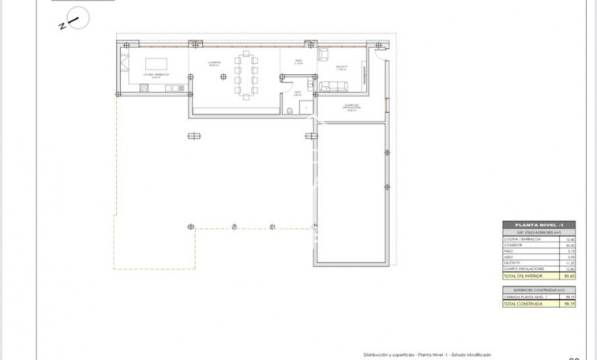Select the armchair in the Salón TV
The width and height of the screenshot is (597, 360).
[x=325, y=54]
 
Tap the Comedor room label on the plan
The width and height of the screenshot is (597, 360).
[x=214, y=62]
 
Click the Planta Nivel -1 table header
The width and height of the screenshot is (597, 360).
[x=544, y=225]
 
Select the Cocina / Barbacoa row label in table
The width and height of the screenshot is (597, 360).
[x=526, y=238]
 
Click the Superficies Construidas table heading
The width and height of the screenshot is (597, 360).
[x=544, y=290]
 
